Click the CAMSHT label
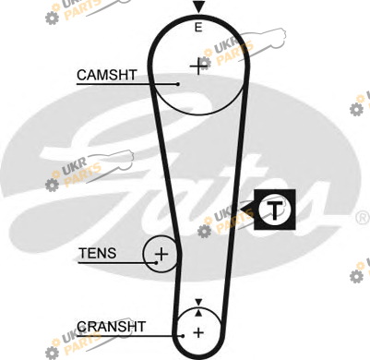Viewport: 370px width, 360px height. [x=107, y=75]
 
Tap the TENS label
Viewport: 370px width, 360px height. [x=98, y=253]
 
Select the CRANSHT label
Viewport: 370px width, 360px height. [x=111, y=327]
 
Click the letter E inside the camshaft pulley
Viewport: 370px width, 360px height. [x=198, y=28]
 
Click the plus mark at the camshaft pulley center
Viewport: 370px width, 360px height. [x=197, y=66]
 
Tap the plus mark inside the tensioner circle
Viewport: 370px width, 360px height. [x=161, y=255]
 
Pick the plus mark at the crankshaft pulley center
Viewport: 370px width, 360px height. [x=198, y=332]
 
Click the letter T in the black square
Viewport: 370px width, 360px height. [x=274, y=210]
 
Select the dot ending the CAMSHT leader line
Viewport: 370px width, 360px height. [x=178, y=84]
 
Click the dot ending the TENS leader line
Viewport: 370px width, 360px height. [x=156, y=263]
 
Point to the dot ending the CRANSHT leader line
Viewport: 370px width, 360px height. [x=183, y=336]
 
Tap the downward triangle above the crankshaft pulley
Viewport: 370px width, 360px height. [x=198, y=302]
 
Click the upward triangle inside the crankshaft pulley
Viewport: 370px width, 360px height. [x=198, y=313]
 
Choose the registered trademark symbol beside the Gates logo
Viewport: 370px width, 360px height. [x=363, y=218]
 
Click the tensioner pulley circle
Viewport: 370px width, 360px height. [x=143, y=254]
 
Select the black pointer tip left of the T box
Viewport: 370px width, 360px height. [x=241, y=210]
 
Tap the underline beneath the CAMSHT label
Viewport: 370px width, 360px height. [x=127, y=84]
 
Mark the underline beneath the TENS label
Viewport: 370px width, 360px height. [x=117, y=263]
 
